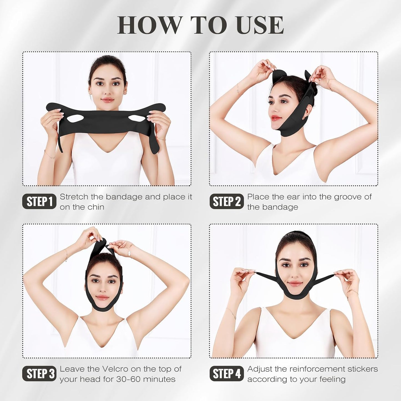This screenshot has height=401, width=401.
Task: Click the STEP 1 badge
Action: [x=39, y=201]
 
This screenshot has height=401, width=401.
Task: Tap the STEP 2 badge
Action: [x=226, y=201]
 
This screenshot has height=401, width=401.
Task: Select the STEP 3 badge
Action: [x=39, y=374]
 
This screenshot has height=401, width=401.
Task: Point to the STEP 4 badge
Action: [x=226, y=374]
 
